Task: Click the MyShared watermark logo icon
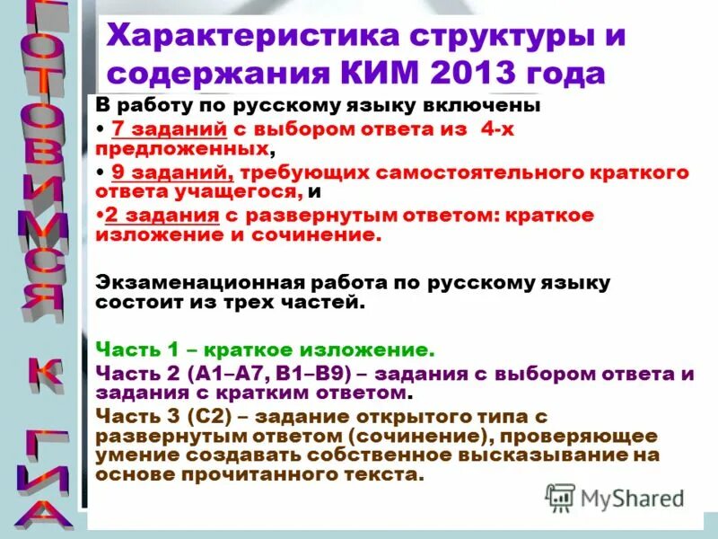point(561,497)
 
